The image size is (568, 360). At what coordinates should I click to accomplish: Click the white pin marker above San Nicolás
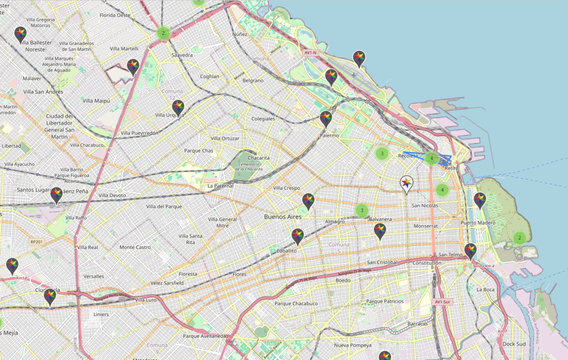tap(407, 184)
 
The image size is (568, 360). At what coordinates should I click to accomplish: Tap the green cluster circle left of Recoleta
tap(382, 153)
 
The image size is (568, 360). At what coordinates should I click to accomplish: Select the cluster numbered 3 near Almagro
tap(362, 210)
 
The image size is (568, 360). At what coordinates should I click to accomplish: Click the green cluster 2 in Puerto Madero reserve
tap(519, 238)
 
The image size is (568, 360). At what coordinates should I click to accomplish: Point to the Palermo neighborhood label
tap(329, 135)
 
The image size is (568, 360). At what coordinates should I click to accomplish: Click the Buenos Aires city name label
tap(283, 216)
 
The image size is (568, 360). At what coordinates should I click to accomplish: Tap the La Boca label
tap(485, 290)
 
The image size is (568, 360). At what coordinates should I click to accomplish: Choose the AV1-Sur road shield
tap(444, 302)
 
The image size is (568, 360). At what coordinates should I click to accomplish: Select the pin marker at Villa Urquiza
tap(177, 107)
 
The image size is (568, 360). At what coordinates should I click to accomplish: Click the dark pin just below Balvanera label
tap(380, 231)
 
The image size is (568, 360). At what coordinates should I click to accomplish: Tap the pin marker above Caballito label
tap(297, 236)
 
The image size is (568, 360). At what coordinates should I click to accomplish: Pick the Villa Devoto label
tap(112, 195)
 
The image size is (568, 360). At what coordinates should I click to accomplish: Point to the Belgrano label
tap(253, 80)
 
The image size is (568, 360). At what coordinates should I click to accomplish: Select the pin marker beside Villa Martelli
tap(133, 67)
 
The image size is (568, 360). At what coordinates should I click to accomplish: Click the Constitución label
tap(427, 262)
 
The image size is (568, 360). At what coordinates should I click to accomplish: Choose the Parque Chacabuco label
tap(296, 303)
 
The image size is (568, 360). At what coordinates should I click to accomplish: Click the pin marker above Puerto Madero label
tap(480, 200)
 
